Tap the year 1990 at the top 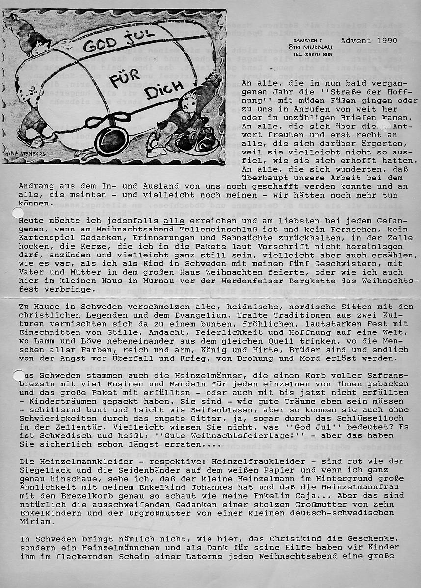tap(385, 40)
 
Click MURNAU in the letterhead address tap(319, 47)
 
